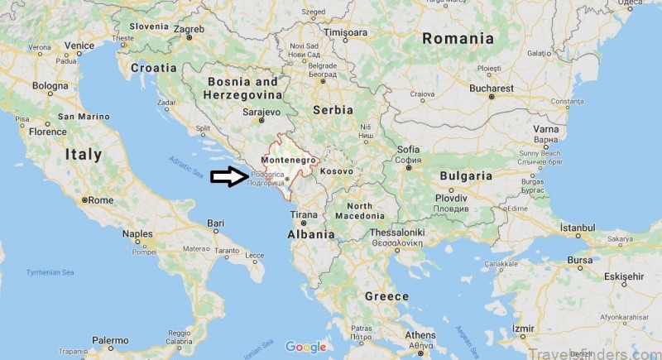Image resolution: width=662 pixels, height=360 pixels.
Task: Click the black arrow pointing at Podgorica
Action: point(225,176)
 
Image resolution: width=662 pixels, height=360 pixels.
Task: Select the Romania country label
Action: point(458,38)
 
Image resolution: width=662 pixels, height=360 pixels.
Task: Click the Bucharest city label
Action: point(513,88)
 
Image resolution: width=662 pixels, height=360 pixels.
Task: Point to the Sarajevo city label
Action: point(261,111)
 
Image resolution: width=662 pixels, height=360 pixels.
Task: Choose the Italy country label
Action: point(84,154)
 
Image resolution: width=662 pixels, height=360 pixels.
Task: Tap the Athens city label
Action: point(420,335)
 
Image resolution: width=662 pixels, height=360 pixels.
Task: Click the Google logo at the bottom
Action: point(307,347)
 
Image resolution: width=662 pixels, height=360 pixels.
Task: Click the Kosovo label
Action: point(337,170)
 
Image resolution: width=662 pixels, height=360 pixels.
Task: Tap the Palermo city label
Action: point(110,340)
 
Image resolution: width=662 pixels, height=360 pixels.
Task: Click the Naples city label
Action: point(137,234)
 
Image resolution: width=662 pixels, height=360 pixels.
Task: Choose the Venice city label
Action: point(79,46)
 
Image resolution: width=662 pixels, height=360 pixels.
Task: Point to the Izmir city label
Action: point(524,328)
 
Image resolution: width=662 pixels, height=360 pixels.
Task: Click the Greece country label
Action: point(386,295)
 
